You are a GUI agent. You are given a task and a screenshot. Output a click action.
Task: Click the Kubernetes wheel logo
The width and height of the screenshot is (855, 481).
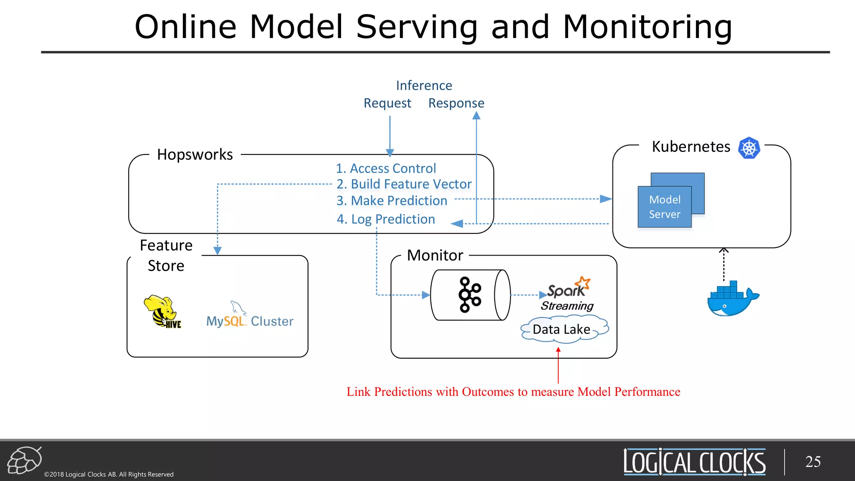[749, 148]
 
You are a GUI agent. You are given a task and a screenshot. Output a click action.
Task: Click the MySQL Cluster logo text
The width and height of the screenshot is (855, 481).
[250, 321]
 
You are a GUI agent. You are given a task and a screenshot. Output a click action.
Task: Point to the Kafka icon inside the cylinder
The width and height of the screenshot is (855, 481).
[470, 295]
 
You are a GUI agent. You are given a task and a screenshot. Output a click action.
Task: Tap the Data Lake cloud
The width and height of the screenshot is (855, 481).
[562, 329]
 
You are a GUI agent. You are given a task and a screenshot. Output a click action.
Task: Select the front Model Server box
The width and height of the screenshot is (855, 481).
[664, 207]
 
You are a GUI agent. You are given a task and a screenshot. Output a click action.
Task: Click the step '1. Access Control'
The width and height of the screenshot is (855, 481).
[386, 168]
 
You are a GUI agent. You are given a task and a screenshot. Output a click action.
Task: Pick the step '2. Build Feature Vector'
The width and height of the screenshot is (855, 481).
[404, 184]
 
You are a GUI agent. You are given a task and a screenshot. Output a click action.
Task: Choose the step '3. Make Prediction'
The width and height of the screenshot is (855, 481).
[392, 201]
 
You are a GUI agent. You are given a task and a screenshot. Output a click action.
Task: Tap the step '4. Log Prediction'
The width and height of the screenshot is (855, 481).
[386, 219]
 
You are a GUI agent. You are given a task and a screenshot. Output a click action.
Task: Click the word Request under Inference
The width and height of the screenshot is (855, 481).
[387, 103]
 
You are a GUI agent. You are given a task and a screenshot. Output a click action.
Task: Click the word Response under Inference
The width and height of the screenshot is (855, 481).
[456, 103]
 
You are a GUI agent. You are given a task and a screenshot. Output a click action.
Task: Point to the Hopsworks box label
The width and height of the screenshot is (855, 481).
[195, 154]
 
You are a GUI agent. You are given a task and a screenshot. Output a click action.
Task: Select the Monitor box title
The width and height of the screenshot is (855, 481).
[435, 255]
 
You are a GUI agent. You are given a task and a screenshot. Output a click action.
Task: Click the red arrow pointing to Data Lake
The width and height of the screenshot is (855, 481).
[558, 366]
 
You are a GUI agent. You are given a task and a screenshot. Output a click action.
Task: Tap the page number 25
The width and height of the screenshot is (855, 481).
[812, 462]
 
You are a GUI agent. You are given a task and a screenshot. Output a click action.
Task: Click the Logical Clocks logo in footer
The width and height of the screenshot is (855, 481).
[694, 462]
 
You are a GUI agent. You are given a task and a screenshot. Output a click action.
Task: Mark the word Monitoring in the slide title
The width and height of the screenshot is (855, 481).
[647, 27]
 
